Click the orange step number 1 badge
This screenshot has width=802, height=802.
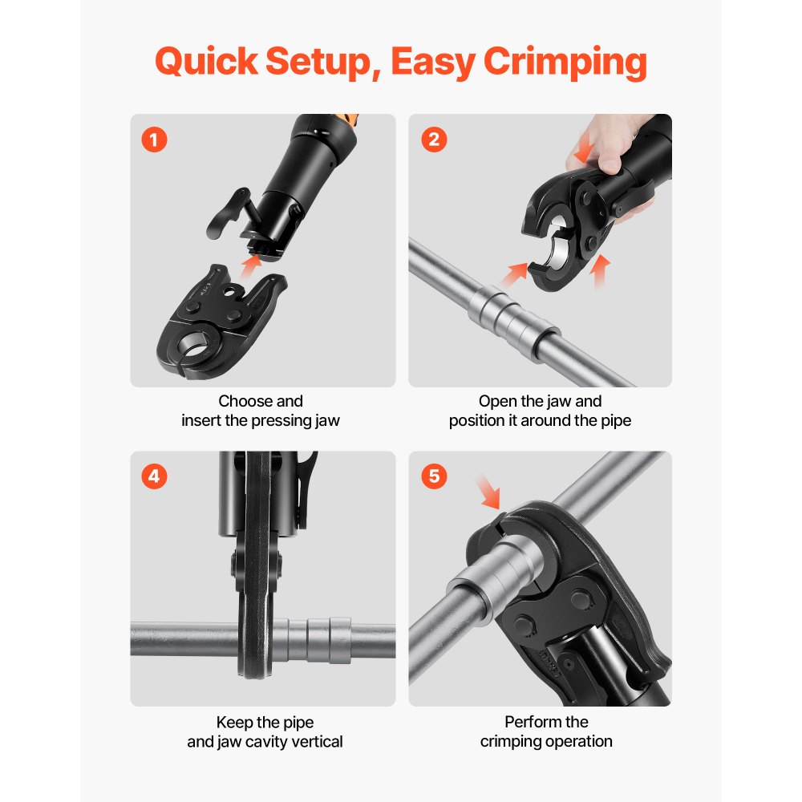pos(154,140)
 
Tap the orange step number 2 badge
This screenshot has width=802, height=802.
pos(434,140)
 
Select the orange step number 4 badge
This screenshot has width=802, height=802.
pos(154,476)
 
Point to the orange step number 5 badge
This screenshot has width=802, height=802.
pos(434,476)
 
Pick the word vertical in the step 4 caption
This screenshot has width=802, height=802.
pos(316,742)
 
